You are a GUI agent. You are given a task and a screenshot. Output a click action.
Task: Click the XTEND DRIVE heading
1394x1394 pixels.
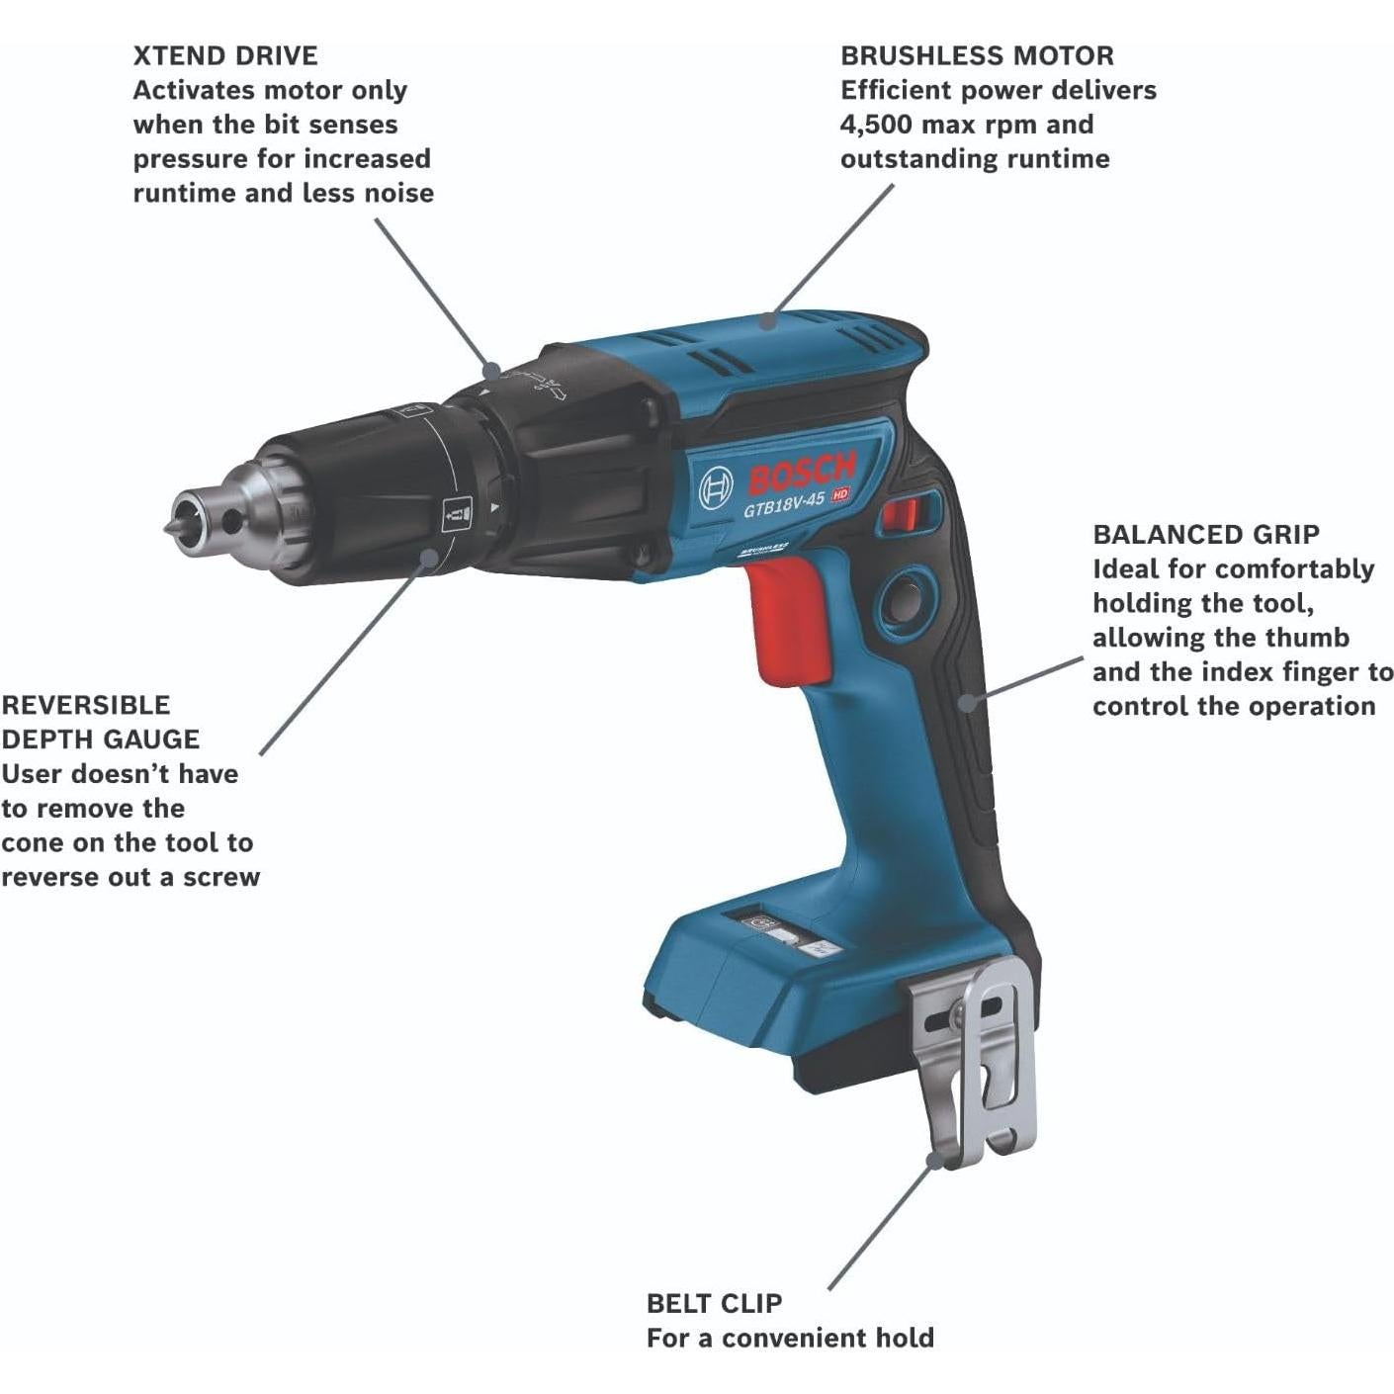click(x=225, y=55)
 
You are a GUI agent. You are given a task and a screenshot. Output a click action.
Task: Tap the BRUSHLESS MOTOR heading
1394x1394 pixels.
click(x=977, y=55)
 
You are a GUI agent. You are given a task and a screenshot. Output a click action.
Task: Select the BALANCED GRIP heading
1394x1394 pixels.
click(x=1205, y=535)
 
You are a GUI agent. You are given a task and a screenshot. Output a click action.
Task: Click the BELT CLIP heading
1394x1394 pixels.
click(x=714, y=1303)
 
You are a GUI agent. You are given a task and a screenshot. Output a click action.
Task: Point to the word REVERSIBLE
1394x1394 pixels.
click(x=86, y=705)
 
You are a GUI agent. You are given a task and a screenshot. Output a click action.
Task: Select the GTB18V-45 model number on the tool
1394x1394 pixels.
click(x=783, y=503)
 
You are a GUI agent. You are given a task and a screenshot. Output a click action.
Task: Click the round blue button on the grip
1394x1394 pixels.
click(x=902, y=597)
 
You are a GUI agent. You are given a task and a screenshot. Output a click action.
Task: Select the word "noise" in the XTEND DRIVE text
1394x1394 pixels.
click(x=398, y=193)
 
